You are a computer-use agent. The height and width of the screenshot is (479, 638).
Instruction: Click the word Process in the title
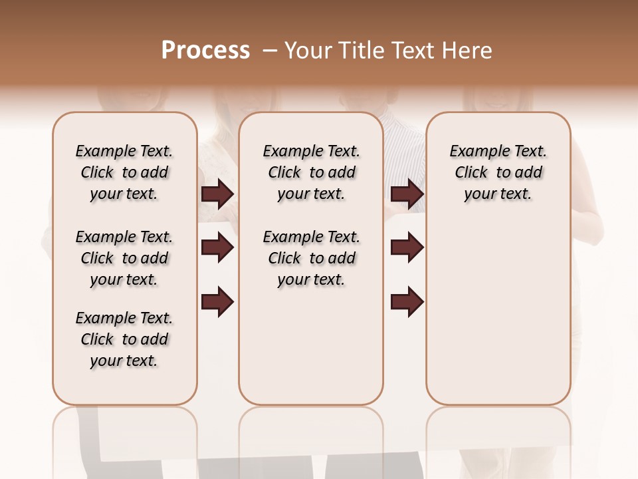click(205, 50)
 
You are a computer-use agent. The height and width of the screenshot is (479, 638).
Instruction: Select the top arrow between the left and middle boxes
click(217, 194)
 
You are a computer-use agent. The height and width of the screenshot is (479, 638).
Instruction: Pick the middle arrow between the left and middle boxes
click(217, 247)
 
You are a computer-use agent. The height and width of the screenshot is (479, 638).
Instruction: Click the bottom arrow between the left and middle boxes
click(217, 301)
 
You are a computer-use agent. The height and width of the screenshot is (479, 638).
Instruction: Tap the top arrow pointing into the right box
click(407, 194)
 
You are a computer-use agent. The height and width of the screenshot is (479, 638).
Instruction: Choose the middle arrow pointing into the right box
click(407, 247)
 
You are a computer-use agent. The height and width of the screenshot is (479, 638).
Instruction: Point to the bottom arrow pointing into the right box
click(407, 301)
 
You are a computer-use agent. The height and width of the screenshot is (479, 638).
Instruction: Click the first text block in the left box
click(124, 172)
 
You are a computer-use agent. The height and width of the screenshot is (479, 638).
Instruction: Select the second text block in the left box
click(124, 258)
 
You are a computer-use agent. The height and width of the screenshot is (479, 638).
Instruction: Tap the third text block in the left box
click(124, 339)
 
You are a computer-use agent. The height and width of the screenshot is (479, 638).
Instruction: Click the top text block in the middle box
click(311, 172)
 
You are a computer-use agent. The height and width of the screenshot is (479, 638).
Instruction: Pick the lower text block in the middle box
click(311, 258)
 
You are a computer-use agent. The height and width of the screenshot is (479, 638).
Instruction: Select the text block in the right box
click(498, 172)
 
